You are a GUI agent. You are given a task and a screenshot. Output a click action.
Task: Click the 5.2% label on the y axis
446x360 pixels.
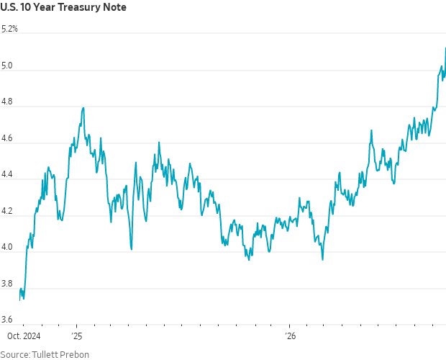pyautogui.click(x=9, y=29)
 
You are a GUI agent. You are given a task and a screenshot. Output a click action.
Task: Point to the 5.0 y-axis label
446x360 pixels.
pyautogui.click(x=6, y=66)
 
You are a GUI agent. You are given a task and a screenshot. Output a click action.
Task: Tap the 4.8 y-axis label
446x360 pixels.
pyautogui.click(x=6, y=102)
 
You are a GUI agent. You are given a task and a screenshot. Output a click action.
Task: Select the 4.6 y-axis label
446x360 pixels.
pyautogui.click(x=6, y=138)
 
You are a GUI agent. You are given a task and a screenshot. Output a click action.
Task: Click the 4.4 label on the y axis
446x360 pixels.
pyautogui.click(x=6, y=174)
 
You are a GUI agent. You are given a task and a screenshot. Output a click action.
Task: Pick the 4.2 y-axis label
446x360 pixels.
pyautogui.click(x=6, y=210)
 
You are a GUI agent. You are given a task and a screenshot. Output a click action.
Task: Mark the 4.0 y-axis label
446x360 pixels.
pyautogui.click(x=6, y=247)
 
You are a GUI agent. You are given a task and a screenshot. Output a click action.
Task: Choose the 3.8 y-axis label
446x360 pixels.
pyautogui.click(x=6, y=284)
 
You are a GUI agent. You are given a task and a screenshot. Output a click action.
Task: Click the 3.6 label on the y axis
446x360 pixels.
pyautogui.click(x=6, y=319)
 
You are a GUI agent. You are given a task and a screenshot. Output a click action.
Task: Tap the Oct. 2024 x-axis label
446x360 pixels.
pyautogui.click(x=24, y=336)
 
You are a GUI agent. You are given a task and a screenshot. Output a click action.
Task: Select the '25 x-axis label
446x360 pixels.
pyautogui.click(x=77, y=336)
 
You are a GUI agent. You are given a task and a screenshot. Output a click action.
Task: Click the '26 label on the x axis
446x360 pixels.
pyautogui.click(x=291, y=336)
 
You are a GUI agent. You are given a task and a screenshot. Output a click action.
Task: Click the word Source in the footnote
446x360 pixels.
pyautogui.click(x=15, y=354)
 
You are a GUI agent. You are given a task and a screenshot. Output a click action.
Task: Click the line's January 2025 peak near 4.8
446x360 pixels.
pyautogui.click(x=83, y=108)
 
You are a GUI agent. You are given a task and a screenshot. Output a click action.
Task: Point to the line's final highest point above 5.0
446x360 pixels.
pyautogui.click(x=445, y=48)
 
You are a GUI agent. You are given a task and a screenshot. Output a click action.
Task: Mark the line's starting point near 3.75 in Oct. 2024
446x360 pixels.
pyautogui.click(x=19, y=300)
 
